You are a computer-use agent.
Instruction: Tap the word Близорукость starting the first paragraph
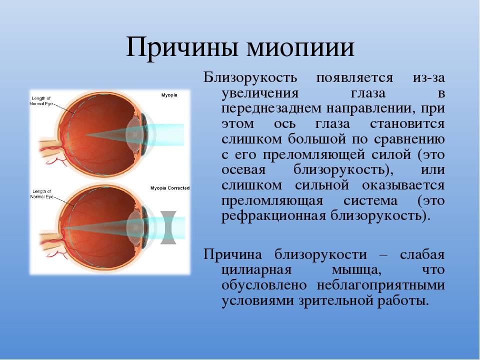(250, 78)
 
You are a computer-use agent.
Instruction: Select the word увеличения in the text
(260, 93)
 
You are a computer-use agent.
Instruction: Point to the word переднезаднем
(271, 109)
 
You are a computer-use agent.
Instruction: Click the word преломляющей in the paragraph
(314, 155)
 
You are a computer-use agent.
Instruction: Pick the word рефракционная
(273, 216)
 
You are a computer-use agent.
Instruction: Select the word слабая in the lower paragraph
(422, 254)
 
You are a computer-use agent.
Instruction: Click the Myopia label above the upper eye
(169, 95)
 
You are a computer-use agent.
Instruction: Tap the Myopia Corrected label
(170, 188)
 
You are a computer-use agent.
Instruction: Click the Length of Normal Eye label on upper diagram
(41, 101)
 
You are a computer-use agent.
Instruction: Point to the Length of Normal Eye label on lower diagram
(42, 194)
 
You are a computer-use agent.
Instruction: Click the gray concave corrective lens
(168, 227)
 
